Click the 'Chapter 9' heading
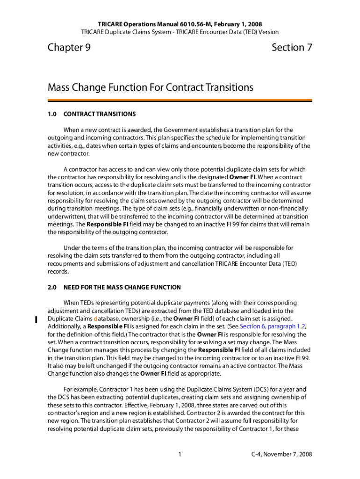69,47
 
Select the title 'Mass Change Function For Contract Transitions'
151,87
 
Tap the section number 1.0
52,114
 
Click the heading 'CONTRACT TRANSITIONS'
100,114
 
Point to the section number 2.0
52,287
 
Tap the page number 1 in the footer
180,454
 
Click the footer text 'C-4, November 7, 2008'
281,454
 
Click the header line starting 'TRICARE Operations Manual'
180,24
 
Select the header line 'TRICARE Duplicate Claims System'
180,32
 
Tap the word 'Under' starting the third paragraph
72,248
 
